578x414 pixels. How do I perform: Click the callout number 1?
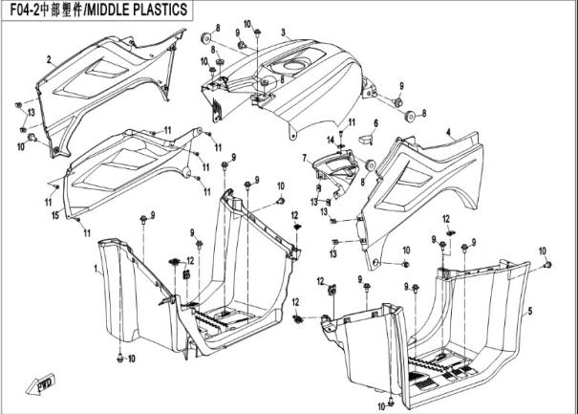point(95,272)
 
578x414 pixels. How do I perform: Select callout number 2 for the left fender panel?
point(48,59)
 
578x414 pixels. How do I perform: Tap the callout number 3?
point(283,33)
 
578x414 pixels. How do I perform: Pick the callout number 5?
point(530,312)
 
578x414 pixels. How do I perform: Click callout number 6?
point(375,123)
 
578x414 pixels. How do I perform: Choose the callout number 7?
point(304,157)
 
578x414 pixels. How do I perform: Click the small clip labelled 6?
point(364,140)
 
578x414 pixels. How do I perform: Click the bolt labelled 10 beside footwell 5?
point(540,263)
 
